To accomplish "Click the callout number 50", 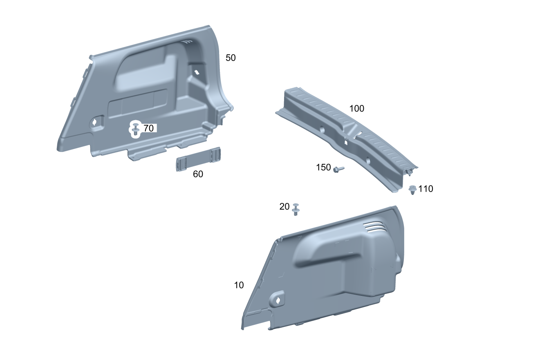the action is click(x=231, y=58).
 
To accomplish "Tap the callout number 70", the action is click(x=148, y=128).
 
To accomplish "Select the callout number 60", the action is click(x=198, y=174).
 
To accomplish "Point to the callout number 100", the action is click(x=357, y=109).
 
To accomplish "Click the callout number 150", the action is click(x=323, y=168).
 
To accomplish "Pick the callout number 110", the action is click(x=426, y=189).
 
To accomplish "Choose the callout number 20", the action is click(x=284, y=207).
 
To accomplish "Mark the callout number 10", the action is click(x=239, y=285).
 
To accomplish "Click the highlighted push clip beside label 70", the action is click(x=136, y=130).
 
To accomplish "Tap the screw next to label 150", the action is click(x=338, y=169).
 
